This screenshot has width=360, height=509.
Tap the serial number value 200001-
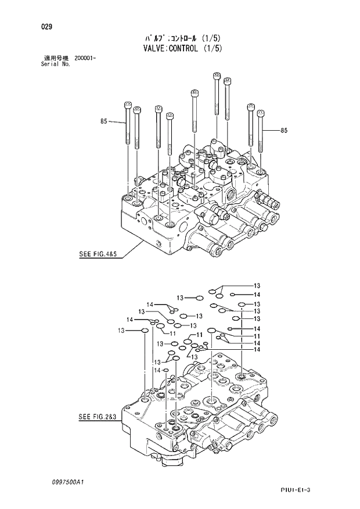pyautogui.click(x=85, y=59)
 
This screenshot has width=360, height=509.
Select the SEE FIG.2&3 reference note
pyautogui.click(x=98, y=417)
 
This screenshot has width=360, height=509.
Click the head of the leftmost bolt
pyautogui.click(x=128, y=105)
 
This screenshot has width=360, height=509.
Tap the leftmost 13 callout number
pyautogui.click(x=121, y=331)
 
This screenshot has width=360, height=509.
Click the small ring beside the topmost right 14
pyautogui.click(x=232, y=295)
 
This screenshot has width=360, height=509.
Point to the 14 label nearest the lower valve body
pyautogui.click(x=156, y=370)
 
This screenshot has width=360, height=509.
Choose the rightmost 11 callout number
pyautogui.click(x=256, y=336)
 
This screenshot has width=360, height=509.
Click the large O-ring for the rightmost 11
pyautogui.click(x=212, y=331)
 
